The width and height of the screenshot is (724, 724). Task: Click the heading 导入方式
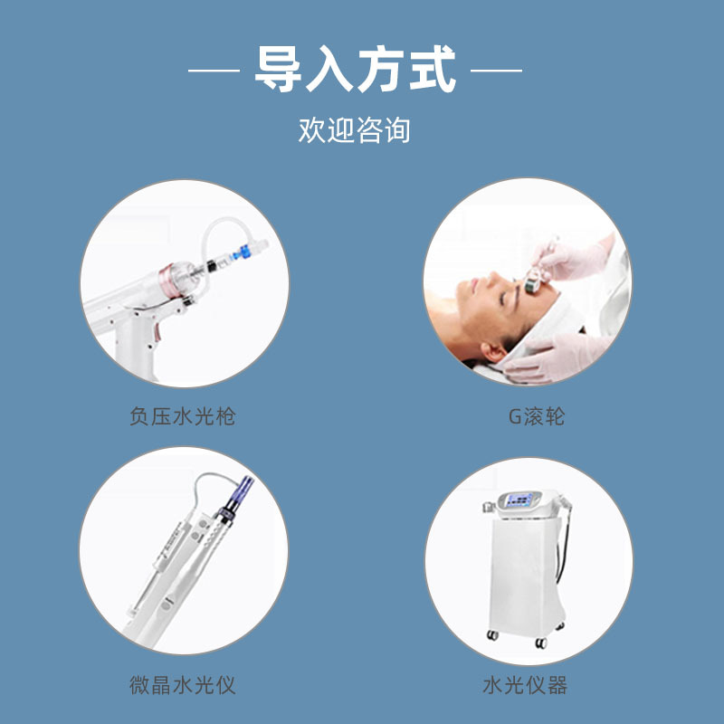[x=355, y=70]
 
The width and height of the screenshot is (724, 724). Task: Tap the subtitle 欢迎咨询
[x=355, y=129]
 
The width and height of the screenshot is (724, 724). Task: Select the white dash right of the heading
[x=497, y=70]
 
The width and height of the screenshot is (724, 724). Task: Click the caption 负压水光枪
[x=183, y=417]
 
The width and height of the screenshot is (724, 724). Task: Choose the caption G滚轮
[x=537, y=417]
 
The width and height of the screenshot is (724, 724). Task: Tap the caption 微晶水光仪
[x=183, y=684]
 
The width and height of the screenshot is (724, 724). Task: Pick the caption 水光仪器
[x=525, y=684]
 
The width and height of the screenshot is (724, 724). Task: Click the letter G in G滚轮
[x=515, y=417]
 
